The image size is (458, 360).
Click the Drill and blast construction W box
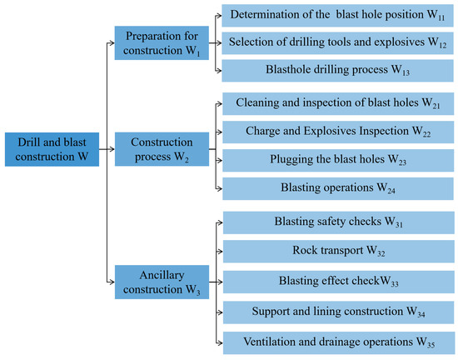click(52, 149)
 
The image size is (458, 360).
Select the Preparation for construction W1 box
click(162, 43)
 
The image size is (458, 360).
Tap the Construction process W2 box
click(162, 149)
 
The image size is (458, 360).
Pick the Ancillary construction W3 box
click(162, 282)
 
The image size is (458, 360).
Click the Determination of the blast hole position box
click(337, 16)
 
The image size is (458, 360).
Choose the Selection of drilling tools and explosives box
click(337, 43)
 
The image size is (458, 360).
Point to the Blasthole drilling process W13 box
click(337, 71)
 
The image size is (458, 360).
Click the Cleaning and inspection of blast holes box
click(338, 103)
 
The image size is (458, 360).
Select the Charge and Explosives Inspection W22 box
click(338, 132)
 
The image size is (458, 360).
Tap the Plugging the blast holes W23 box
click(338, 161)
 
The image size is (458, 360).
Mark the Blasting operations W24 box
click(338, 189)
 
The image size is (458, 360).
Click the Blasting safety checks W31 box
click(339, 222)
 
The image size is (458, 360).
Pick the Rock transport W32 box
click(339, 252)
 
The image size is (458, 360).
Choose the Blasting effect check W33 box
click(339, 282)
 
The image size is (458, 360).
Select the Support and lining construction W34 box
click(339, 312)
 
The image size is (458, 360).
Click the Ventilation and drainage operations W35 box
click(339, 343)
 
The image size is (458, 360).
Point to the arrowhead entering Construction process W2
click(112, 149)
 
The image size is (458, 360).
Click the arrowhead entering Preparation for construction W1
click(112, 43)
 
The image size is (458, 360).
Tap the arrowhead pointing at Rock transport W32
click(220, 252)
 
